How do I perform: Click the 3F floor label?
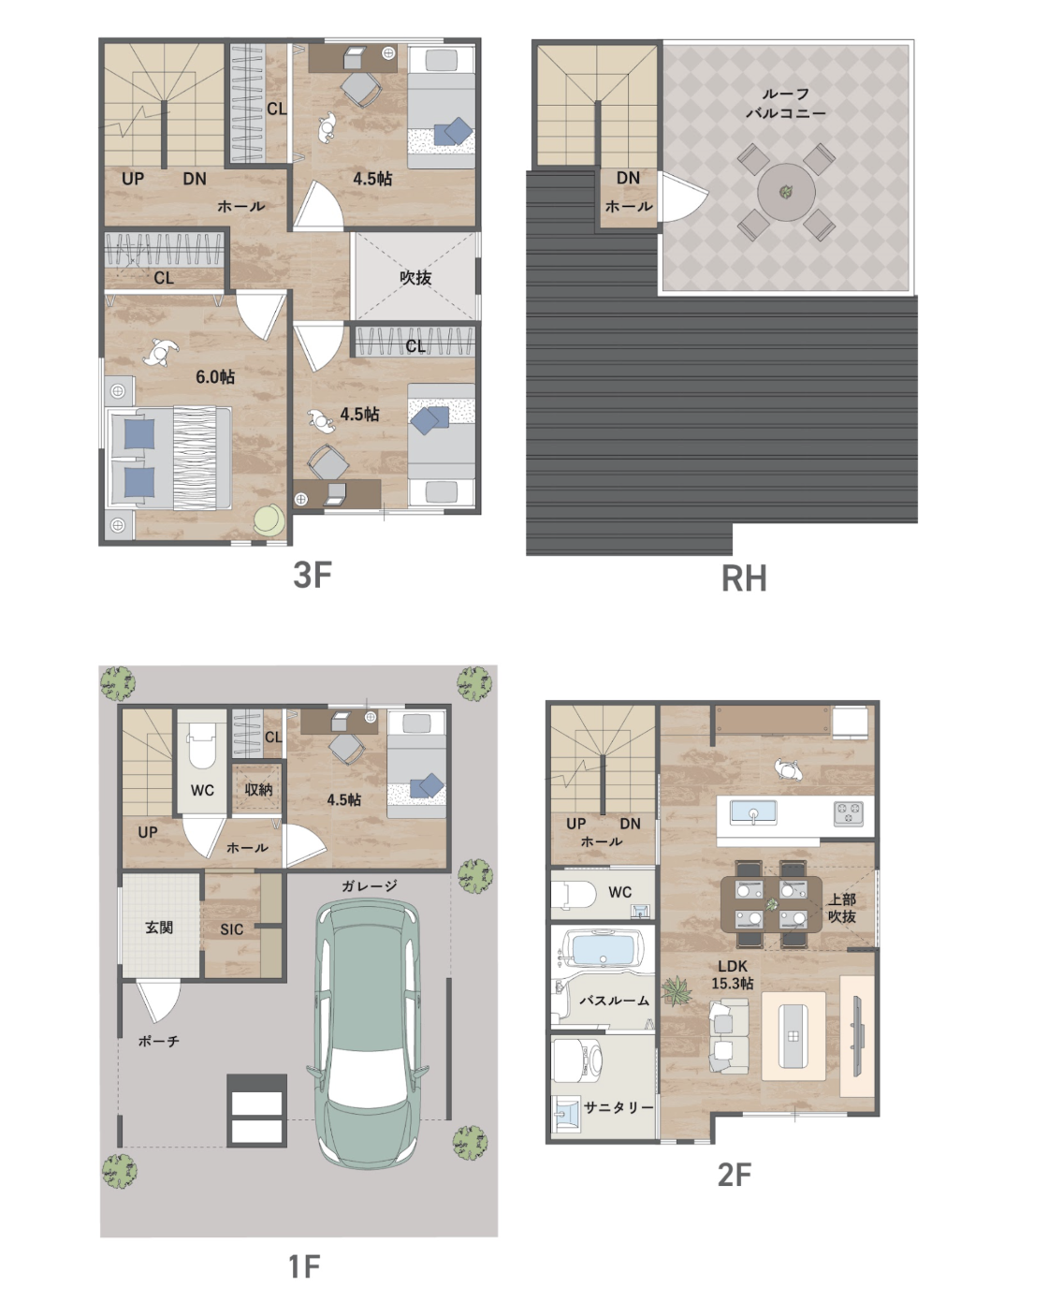312,575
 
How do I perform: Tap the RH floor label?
744,577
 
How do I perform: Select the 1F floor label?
304,1266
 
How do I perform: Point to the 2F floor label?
735,1175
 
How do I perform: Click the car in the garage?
368,1033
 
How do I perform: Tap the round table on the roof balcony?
786,192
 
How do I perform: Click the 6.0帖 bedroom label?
215,377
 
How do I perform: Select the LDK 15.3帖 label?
733,974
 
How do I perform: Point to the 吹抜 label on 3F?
415,277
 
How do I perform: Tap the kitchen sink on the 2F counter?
753,813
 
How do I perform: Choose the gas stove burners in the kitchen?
849,812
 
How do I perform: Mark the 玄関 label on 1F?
159,928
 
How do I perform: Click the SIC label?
231,929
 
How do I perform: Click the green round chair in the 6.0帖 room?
269,519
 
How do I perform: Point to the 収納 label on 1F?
258,790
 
